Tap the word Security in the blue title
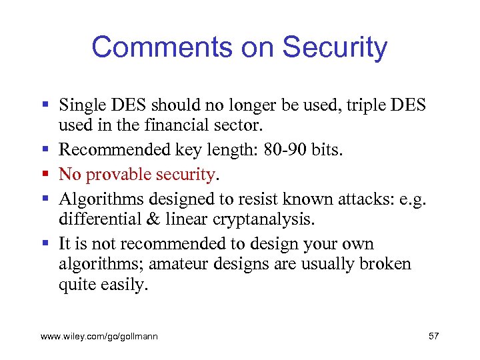click(335, 47)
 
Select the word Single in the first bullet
click(81, 105)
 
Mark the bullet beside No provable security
click(45, 175)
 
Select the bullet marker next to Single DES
click(45, 105)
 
